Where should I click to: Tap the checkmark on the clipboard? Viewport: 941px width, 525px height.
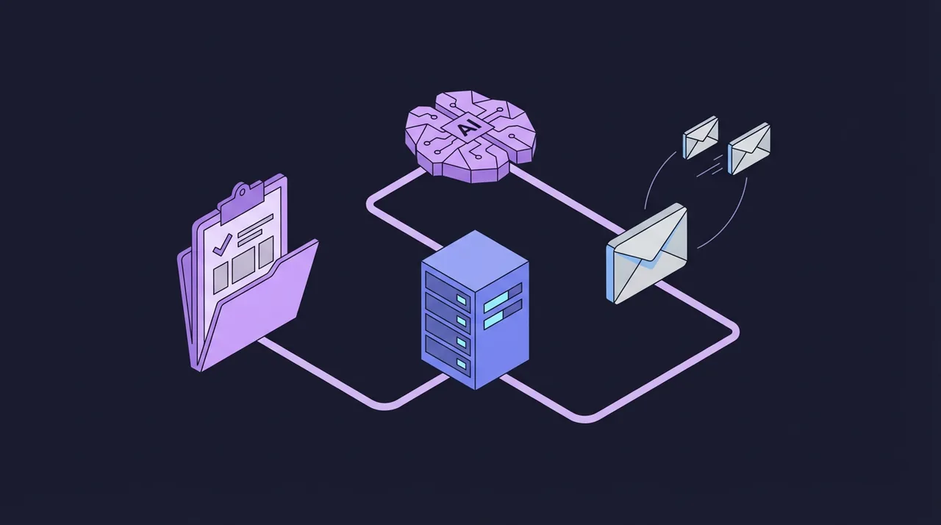point(221,245)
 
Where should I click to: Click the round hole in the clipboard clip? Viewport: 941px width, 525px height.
point(242,193)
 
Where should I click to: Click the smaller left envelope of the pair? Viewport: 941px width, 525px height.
point(701,137)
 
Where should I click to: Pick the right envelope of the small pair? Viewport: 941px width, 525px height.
point(749,149)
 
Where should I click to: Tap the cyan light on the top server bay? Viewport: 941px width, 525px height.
point(462,299)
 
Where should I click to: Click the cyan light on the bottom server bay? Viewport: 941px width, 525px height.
point(462,364)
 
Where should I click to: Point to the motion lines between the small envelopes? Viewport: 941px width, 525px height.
point(711,165)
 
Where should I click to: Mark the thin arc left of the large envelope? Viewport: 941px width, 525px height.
point(658,179)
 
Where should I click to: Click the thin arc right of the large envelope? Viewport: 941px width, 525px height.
point(727,218)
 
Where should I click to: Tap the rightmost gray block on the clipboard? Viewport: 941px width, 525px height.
point(266,252)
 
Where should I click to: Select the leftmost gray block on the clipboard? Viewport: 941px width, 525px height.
point(221,279)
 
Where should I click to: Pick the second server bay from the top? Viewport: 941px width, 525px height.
point(448,307)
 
